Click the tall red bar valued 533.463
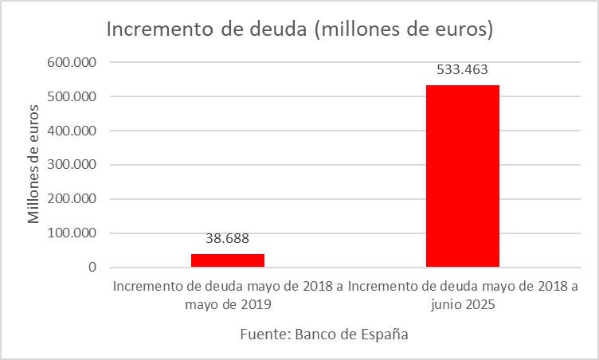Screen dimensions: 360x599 pos(462,175)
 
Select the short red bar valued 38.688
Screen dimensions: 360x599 pos(228,260)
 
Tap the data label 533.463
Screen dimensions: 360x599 pos(462,69)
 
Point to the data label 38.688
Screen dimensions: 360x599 pos(228,238)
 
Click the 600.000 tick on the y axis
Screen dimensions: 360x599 pos(72,62)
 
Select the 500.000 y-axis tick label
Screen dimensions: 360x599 pos(72,96)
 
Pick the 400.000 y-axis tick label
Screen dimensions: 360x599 pos(72,131)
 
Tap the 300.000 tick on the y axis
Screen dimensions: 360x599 pos(72,165)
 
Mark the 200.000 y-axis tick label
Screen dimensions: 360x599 pos(72,199)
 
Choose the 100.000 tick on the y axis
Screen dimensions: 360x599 pos(72,233)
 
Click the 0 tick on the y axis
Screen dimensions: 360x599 pos(92,268)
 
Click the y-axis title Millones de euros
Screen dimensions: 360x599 pos(33,163)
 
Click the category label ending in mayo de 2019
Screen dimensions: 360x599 pos(228,295)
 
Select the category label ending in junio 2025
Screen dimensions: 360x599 pos(463,295)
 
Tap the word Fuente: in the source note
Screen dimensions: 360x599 pos(264,335)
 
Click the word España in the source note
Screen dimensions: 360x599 pos(386,335)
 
